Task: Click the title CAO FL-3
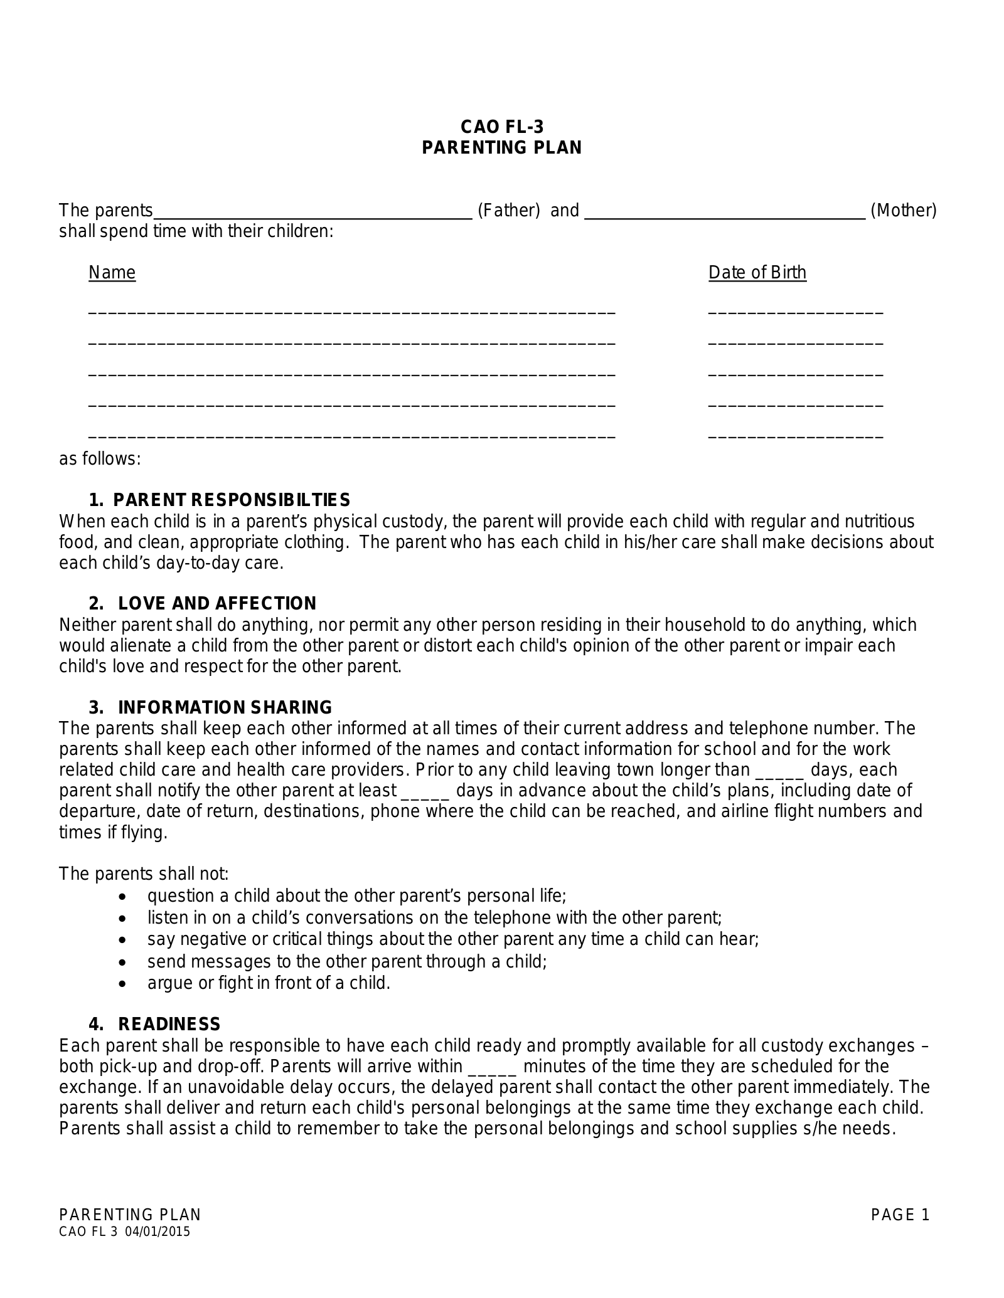coord(502,127)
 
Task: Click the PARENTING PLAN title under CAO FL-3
coord(502,148)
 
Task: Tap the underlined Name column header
coord(112,273)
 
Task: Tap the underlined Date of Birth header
coord(757,273)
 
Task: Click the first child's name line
coord(351,312)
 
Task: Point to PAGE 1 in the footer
coord(900,1215)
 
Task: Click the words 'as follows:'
coord(100,460)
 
